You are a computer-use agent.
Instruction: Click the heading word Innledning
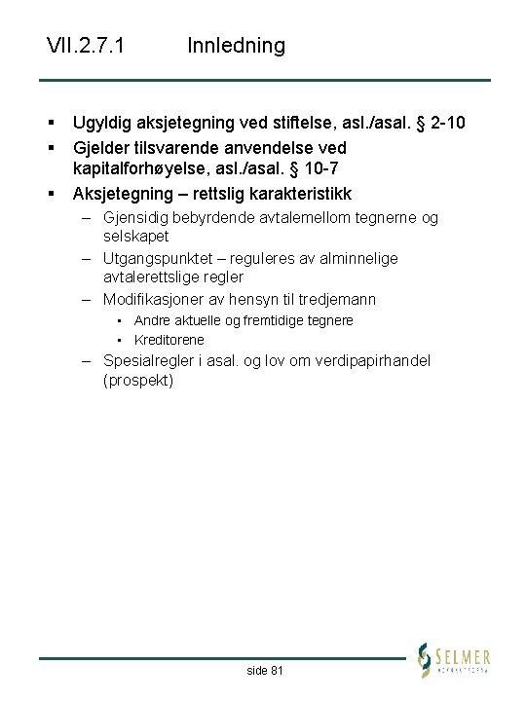point(236,46)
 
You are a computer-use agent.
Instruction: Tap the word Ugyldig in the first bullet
point(104,123)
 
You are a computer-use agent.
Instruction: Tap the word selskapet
point(136,236)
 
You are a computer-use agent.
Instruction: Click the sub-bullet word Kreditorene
point(169,340)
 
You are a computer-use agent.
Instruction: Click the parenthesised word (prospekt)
point(138,380)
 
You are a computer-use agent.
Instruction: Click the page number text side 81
point(265,671)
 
